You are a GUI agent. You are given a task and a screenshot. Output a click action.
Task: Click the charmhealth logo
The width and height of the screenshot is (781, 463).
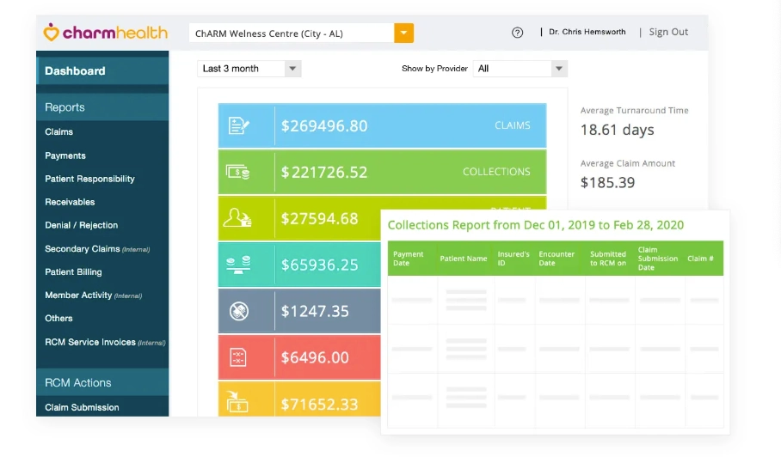105,34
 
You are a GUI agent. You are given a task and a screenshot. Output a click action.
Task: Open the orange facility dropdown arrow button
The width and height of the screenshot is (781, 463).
404,34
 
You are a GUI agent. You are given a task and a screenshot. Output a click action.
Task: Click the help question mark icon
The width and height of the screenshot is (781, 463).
517,33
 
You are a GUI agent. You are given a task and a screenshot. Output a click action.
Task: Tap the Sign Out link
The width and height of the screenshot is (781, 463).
668,33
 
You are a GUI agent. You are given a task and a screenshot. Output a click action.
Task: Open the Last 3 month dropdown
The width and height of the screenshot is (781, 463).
249,69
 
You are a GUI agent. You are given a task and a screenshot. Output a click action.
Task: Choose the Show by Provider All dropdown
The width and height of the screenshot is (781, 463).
520,69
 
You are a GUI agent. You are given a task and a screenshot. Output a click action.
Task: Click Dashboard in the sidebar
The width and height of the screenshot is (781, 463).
75,71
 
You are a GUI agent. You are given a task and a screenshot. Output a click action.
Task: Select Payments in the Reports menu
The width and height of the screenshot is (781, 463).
65,155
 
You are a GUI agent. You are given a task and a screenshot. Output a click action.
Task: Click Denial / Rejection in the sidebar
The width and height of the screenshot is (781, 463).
82,225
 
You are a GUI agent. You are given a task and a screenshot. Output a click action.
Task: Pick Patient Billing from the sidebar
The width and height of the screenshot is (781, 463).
73,271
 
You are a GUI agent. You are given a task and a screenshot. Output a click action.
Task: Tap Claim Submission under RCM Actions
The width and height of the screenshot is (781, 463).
82,407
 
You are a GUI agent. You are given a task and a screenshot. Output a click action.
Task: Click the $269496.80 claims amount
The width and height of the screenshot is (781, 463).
324,126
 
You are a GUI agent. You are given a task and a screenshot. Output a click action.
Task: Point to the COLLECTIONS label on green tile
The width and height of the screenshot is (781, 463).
496,172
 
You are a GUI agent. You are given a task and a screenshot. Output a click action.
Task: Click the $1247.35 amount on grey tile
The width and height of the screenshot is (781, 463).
315,311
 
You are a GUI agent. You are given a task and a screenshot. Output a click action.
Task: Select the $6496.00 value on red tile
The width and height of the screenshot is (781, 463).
315,357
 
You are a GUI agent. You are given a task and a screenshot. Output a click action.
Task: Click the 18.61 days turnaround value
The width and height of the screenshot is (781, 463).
617,131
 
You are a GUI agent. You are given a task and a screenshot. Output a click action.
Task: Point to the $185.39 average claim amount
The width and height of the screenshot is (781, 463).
607,182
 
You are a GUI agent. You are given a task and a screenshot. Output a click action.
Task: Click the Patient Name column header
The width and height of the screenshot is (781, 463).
463,259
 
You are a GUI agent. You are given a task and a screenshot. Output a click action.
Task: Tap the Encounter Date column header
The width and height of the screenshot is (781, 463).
557,259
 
